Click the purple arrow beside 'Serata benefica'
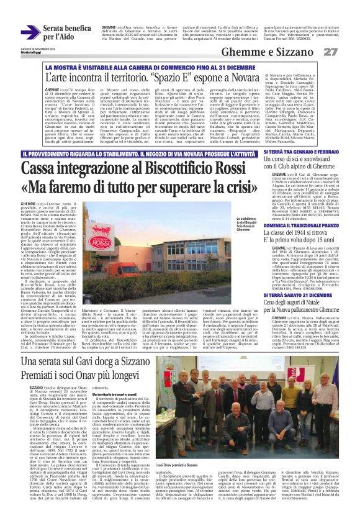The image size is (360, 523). coord(30,32)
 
